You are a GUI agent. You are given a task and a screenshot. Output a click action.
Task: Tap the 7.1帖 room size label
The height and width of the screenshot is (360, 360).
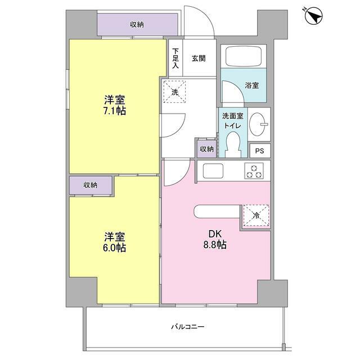point(114,106)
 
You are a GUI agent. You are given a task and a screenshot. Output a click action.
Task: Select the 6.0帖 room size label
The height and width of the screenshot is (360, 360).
point(114,242)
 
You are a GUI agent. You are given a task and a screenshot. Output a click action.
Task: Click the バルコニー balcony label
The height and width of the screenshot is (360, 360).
point(188,327)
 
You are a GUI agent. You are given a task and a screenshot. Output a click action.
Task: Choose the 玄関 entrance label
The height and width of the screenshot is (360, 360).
point(198,57)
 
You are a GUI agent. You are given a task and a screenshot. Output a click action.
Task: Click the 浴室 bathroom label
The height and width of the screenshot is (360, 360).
point(251,85)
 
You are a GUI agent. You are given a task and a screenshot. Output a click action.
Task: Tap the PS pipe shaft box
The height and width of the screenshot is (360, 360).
point(259,151)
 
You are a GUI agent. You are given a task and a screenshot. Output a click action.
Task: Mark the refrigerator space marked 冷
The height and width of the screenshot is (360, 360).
point(255,214)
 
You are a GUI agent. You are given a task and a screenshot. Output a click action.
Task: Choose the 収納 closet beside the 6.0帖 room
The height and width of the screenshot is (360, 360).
point(90,185)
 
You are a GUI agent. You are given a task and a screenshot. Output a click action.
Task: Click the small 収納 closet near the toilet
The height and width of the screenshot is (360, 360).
point(206,148)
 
